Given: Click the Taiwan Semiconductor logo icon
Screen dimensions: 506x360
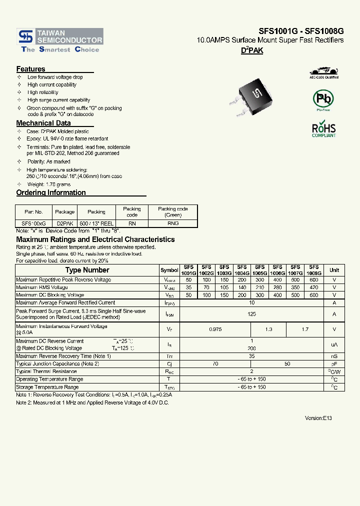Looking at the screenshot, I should pyautogui.click(x=25, y=36).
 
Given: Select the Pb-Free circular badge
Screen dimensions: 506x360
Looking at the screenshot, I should pyautogui.click(x=323, y=99).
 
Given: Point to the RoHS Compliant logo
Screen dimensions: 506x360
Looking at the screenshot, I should pyautogui.click(x=324, y=129).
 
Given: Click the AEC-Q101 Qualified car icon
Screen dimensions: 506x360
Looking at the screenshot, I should pyautogui.click(x=324, y=71).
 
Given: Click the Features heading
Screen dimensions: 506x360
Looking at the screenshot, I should pyautogui.click(x=30, y=69).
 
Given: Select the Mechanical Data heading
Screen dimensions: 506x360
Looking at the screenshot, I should pyautogui.click(x=43, y=123).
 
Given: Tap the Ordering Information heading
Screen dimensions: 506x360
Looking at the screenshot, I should pyautogui.click(x=51, y=192).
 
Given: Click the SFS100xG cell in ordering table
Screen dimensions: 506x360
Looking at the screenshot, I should pyautogui.click(x=33, y=223).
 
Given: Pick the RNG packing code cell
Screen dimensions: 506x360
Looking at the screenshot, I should pyautogui.click(x=172, y=223).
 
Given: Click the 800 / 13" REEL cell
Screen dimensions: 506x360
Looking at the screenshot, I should pyautogui.click(x=96, y=223).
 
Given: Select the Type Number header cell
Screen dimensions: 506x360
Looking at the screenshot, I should pyautogui.click(x=87, y=270).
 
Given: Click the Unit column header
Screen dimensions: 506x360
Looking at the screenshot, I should pyautogui.click(x=334, y=270).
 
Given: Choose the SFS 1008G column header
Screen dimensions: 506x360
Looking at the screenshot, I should pyautogui.click(x=313, y=270).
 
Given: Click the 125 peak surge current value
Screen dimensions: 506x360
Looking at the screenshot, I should pyautogui.click(x=251, y=314).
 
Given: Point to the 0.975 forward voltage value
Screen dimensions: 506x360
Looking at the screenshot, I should pyautogui.click(x=215, y=329).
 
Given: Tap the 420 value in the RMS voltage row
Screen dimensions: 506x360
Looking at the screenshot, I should pyautogui.click(x=313, y=287).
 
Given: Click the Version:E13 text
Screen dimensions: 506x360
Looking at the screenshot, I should pyautogui.click(x=318, y=417).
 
